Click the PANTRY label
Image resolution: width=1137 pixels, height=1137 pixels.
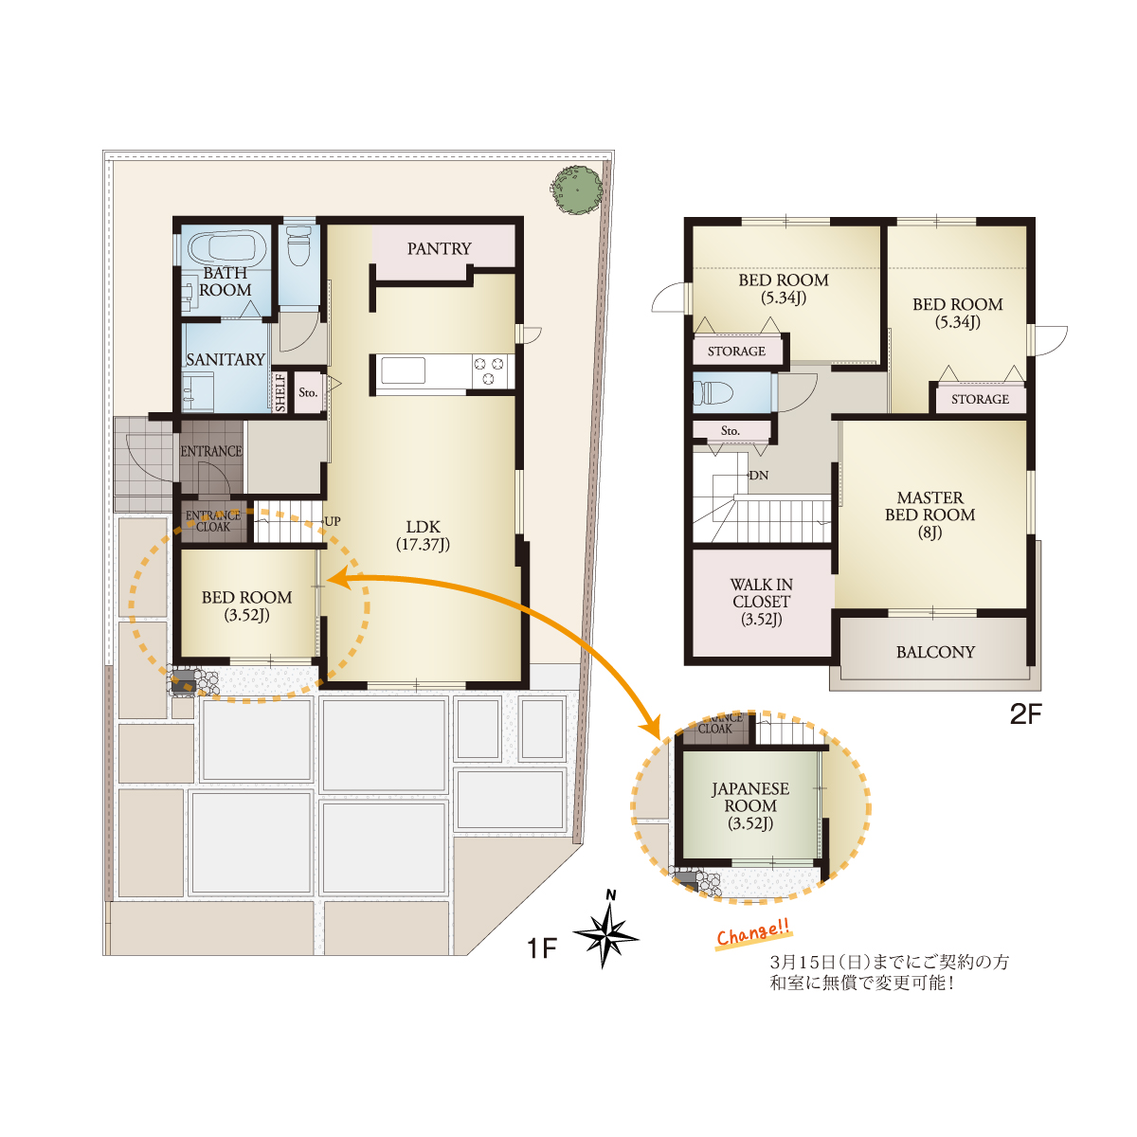(x=439, y=249)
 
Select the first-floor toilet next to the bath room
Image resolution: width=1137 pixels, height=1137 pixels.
(x=299, y=244)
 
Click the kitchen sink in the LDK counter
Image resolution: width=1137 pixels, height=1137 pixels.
(x=403, y=370)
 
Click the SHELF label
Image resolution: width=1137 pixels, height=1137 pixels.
(x=280, y=392)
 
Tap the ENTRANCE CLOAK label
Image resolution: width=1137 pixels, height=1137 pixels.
(x=213, y=521)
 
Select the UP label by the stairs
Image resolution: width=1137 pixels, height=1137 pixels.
(x=333, y=521)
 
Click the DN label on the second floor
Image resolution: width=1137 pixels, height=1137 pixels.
(x=759, y=476)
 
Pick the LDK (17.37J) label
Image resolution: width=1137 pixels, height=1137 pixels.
(x=423, y=535)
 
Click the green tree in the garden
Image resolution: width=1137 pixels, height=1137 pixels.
(x=576, y=190)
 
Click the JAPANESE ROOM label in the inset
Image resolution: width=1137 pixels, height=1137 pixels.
(x=749, y=806)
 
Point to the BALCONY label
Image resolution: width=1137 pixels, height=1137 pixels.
(x=935, y=652)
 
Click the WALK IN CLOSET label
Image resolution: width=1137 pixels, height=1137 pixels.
(x=761, y=602)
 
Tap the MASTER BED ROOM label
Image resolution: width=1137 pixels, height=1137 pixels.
(x=929, y=515)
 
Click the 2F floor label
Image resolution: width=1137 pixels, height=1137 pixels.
(x=1026, y=714)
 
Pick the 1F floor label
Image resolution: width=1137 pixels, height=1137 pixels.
(x=542, y=948)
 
